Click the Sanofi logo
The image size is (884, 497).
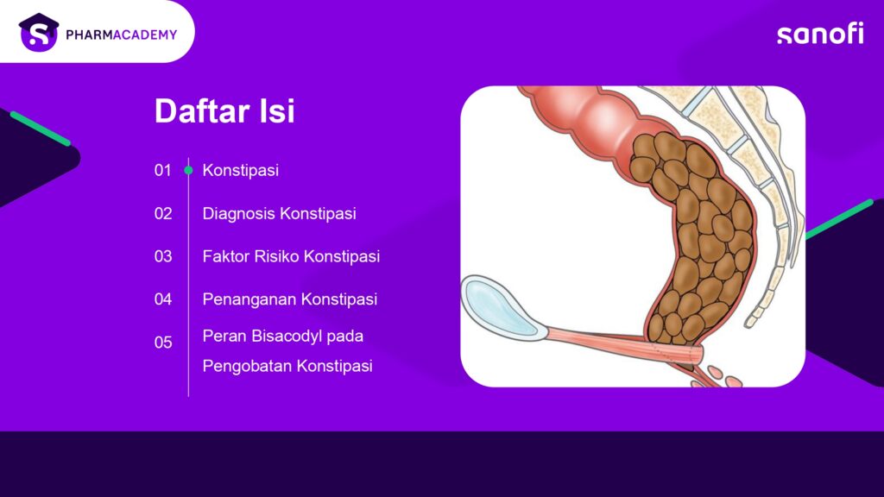tap(820, 34)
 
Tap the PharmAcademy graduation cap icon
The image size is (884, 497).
tap(38, 32)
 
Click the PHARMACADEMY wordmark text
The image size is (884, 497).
tap(121, 35)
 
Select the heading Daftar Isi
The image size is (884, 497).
tap(224, 110)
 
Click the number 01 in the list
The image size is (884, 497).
tap(162, 170)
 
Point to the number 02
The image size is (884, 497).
tap(163, 214)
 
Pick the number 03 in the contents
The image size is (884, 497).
tap(163, 256)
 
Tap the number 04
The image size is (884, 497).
tap(163, 299)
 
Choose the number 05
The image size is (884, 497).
tap(163, 343)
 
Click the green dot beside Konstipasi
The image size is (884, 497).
tap(188, 170)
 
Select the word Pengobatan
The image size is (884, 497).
tap(248, 366)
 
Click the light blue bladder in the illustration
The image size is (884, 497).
tap(500, 307)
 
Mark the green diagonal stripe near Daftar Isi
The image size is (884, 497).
tap(41, 129)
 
